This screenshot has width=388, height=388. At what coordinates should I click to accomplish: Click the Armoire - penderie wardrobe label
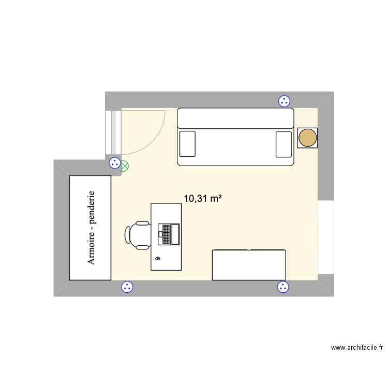click(x=91, y=228)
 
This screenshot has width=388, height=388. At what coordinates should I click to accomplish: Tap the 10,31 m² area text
click(x=203, y=198)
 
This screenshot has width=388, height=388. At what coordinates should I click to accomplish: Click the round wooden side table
click(x=307, y=138)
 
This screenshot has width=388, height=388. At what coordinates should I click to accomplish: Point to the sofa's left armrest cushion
click(x=187, y=143)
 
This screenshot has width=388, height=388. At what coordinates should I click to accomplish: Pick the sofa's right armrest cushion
click(x=284, y=143)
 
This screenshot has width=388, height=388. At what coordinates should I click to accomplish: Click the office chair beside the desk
click(x=137, y=234)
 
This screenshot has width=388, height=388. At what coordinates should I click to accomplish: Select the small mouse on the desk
click(x=158, y=258)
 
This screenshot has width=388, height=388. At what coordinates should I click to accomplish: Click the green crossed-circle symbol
click(x=125, y=167)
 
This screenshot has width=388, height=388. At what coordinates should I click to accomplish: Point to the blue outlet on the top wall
click(x=283, y=101)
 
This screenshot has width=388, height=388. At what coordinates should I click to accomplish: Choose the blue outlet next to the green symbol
click(x=114, y=163)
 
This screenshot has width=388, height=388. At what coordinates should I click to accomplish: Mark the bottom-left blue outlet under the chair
click(x=126, y=287)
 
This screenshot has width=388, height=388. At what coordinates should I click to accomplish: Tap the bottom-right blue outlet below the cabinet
click(x=282, y=287)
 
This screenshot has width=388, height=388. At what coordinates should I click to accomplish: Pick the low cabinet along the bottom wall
click(x=249, y=265)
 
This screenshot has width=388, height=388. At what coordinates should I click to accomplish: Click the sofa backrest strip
click(x=235, y=118)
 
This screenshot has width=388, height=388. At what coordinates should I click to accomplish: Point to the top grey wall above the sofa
click(x=217, y=99)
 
